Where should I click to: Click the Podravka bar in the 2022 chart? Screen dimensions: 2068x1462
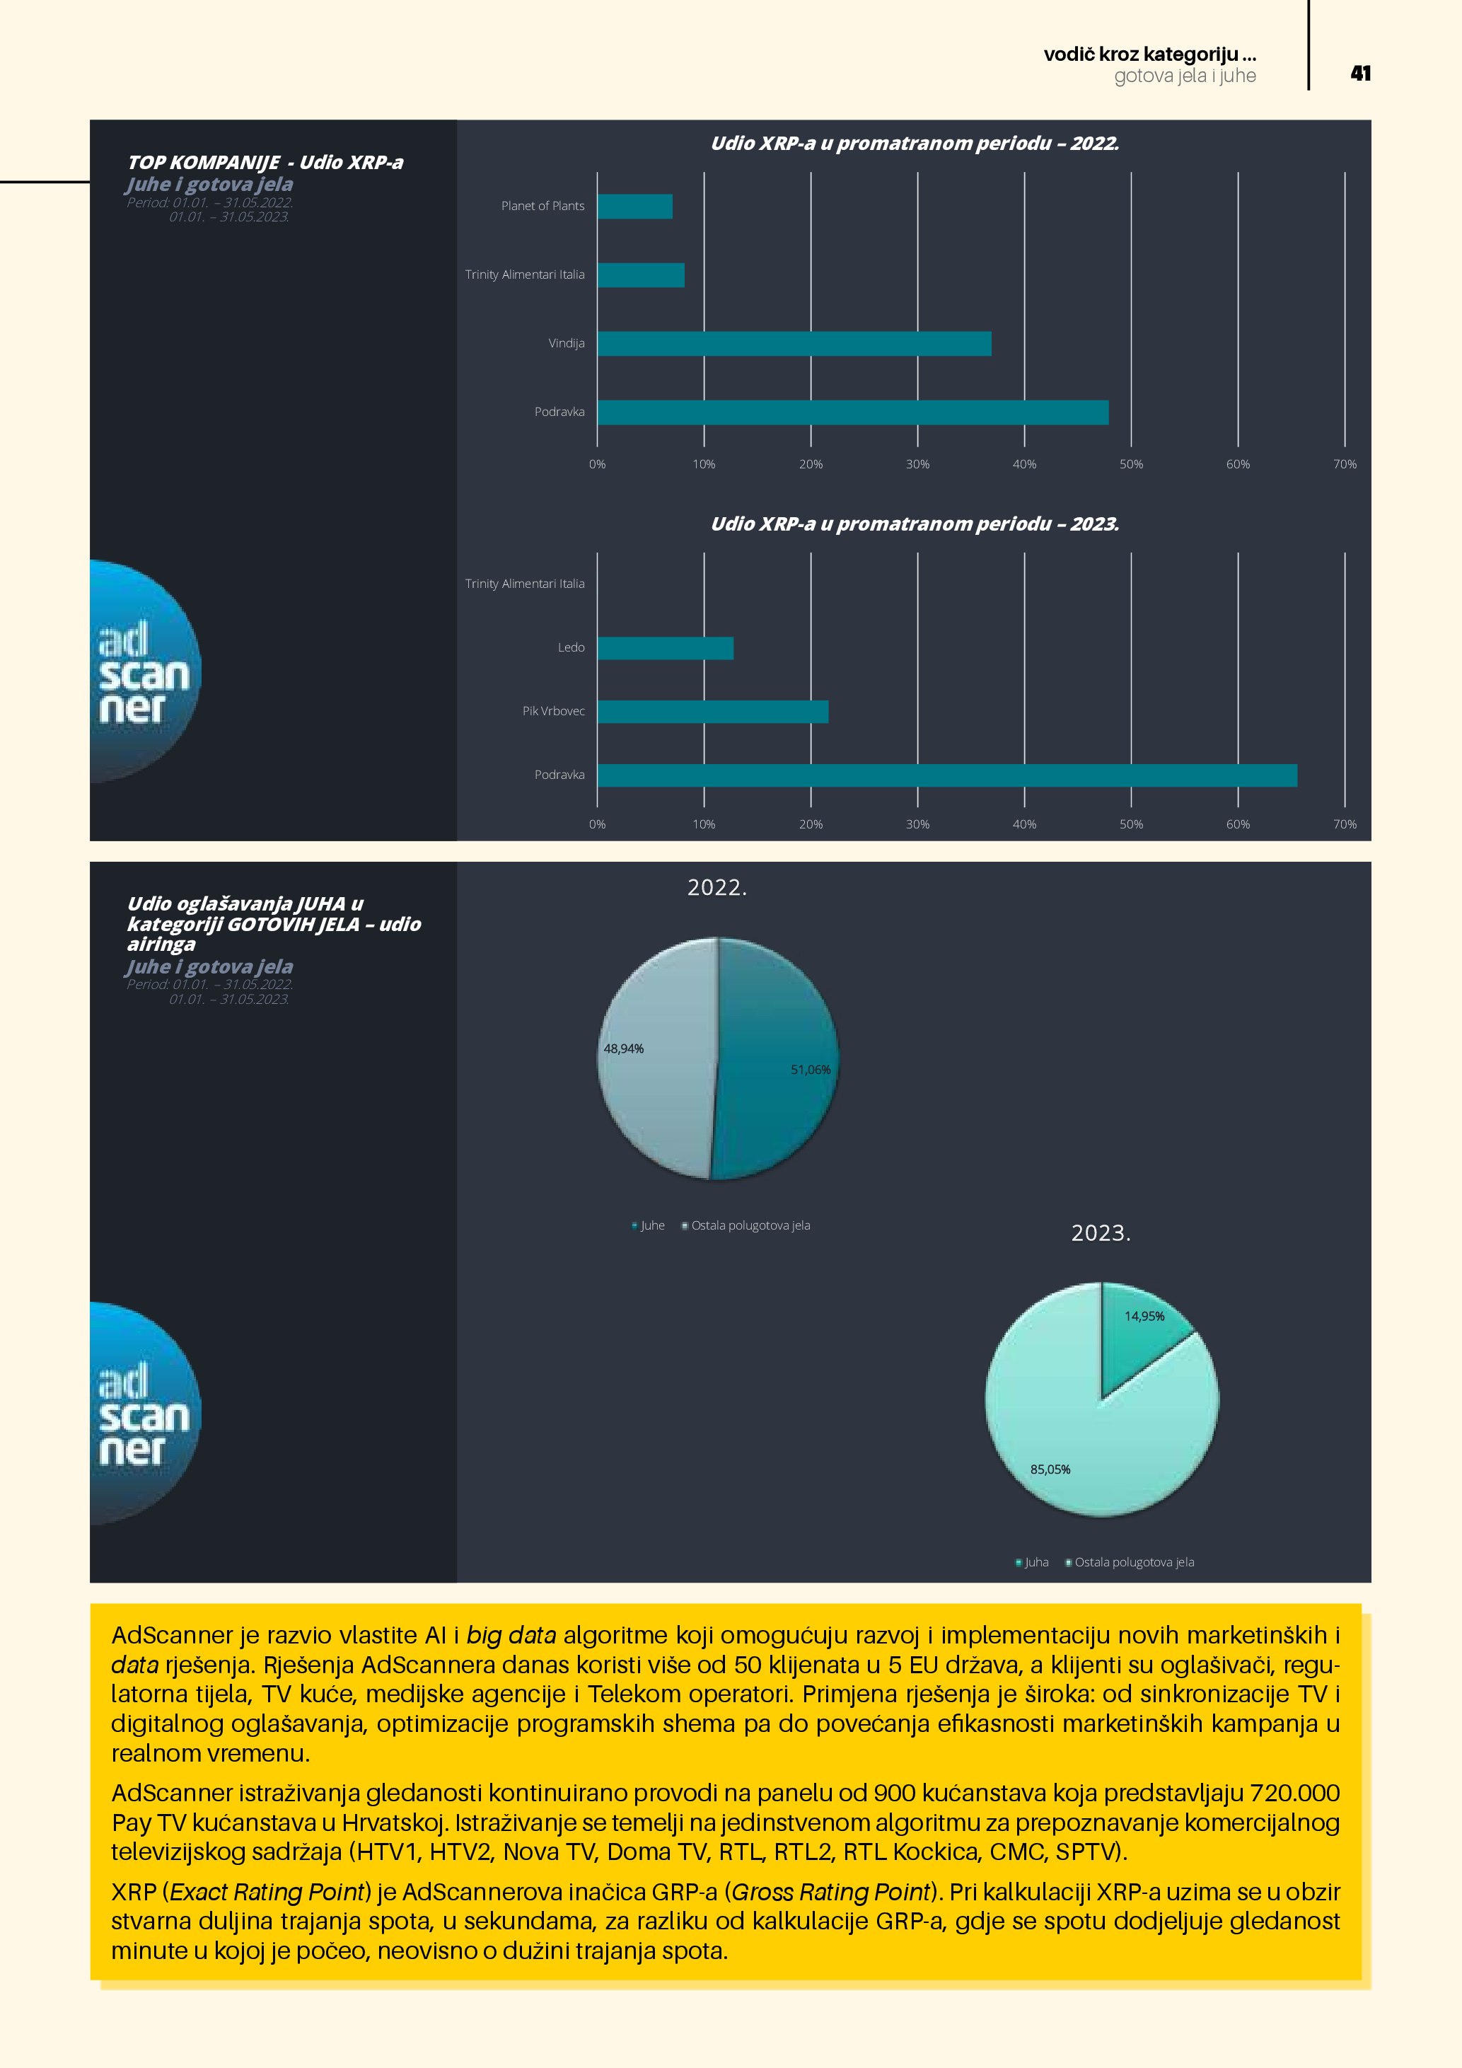click(x=852, y=412)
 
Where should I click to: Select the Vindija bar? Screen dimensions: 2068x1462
click(x=794, y=344)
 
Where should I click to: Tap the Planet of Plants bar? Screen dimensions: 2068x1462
click(x=634, y=207)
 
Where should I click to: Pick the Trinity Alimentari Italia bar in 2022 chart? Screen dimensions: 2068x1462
click(x=641, y=275)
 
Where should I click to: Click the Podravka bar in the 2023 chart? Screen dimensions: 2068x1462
click(x=947, y=775)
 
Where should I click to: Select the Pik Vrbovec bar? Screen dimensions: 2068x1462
click(x=712, y=712)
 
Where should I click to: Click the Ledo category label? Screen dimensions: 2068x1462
click(x=571, y=647)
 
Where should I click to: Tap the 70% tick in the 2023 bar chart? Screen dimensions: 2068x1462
click(x=1344, y=824)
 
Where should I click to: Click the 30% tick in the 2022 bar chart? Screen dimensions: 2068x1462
click(x=917, y=464)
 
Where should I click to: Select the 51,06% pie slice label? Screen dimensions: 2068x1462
click(x=811, y=1070)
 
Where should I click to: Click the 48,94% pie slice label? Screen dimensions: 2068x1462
click(x=624, y=1049)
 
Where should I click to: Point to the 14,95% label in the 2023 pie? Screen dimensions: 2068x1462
click(x=1144, y=1316)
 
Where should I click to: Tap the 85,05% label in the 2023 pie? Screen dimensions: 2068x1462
click(x=1050, y=1469)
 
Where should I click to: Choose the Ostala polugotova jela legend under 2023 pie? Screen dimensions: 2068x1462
click(x=1133, y=1562)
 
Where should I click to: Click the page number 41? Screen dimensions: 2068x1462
click(x=1360, y=74)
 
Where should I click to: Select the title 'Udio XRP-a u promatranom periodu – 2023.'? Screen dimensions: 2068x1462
click(x=915, y=524)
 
